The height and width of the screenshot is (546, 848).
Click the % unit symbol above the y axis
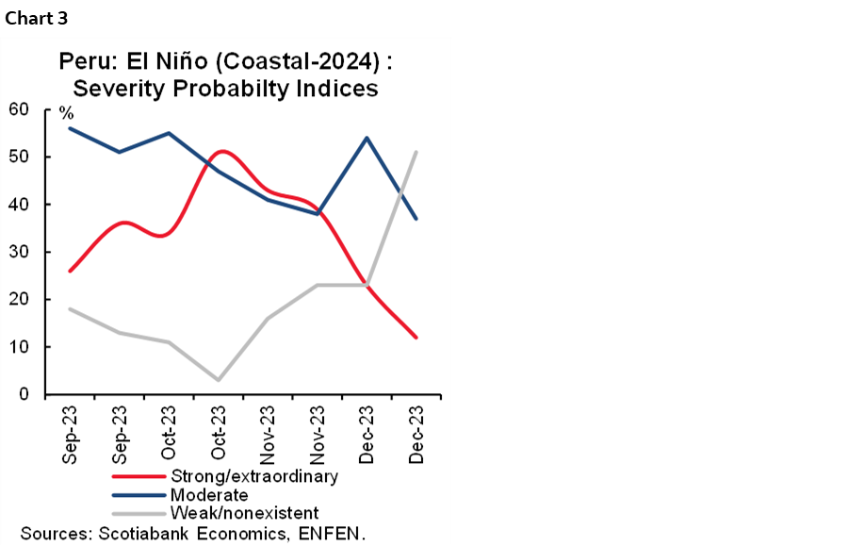point(66,114)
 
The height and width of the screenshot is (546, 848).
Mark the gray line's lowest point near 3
point(218,380)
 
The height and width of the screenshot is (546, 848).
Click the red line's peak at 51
point(218,152)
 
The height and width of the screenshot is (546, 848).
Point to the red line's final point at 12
point(416,338)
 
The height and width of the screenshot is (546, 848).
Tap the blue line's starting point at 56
point(70,128)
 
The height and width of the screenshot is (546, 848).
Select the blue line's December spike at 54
point(367,138)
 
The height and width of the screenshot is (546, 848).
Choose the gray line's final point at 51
point(416,152)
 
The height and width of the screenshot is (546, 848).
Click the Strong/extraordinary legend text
point(253,476)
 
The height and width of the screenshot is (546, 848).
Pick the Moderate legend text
point(209,495)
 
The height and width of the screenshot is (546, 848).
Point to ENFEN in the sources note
point(332,534)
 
